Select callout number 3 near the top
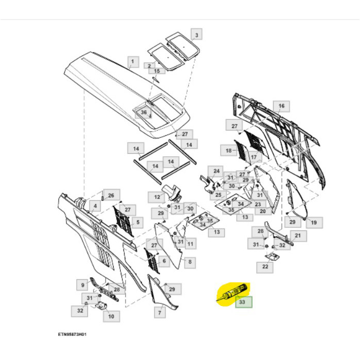pos(196,35)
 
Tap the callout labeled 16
pos(281,106)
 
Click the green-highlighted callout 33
pos(243,302)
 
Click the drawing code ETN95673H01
pos(73,334)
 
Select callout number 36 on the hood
pos(144,112)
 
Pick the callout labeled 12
pos(156,196)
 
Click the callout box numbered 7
pos(159,312)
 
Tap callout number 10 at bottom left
pos(110,316)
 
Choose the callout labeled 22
pos(265,266)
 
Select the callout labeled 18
pos(228,150)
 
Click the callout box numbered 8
pos(190,262)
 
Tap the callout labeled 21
pos(297,236)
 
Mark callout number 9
pos(83,284)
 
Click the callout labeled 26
pos(111,194)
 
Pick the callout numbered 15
pos(157,70)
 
